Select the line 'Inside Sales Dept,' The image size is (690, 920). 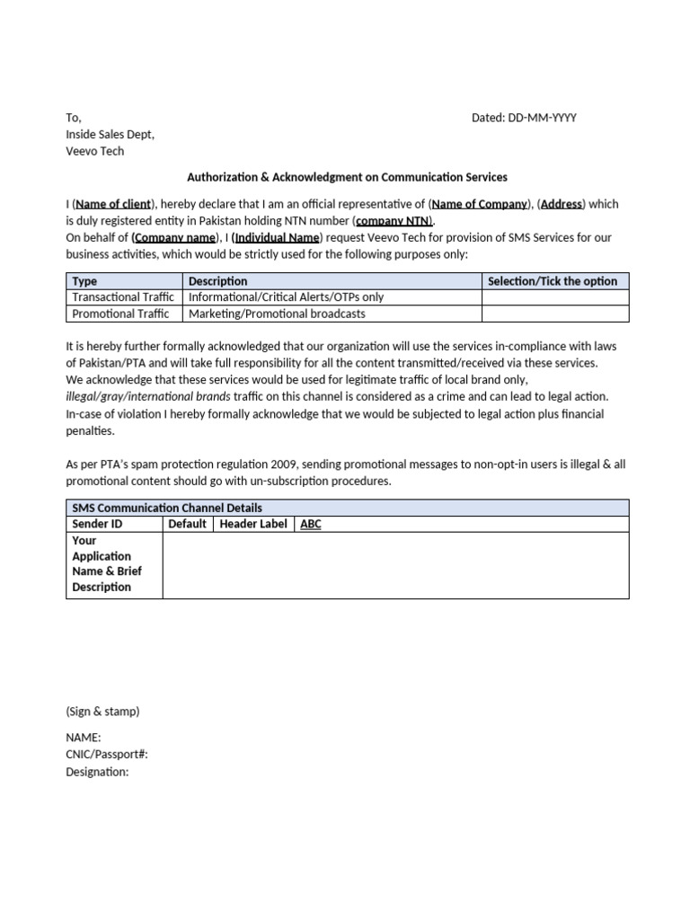pyautogui.click(x=110, y=135)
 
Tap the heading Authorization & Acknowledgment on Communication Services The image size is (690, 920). pyautogui.click(x=347, y=177)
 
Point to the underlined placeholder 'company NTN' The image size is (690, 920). pyautogui.click(x=394, y=221)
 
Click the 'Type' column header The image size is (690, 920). pyautogui.click(x=84, y=281)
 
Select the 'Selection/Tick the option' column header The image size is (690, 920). pyautogui.click(x=553, y=281)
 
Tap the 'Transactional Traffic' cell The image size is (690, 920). pyautogui.click(x=123, y=297)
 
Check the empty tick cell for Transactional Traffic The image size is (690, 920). pyautogui.click(x=554, y=297)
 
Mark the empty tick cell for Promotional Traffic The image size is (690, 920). pyautogui.click(x=554, y=314)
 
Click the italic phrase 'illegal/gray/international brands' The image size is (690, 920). pyautogui.click(x=148, y=396)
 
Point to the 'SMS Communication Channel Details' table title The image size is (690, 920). pyautogui.click(x=167, y=509)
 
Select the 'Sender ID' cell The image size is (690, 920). pyautogui.click(x=97, y=524)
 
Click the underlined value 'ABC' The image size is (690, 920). pyautogui.click(x=311, y=525)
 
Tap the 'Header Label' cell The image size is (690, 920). pyautogui.click(x=254, y=524)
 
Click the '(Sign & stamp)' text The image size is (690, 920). pyautogui.click(x=102, y=712)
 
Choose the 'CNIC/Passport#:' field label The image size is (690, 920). pyautogui.click(x=107, y=755)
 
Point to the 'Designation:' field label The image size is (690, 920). pyautogui.click(x=97, y=772)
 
